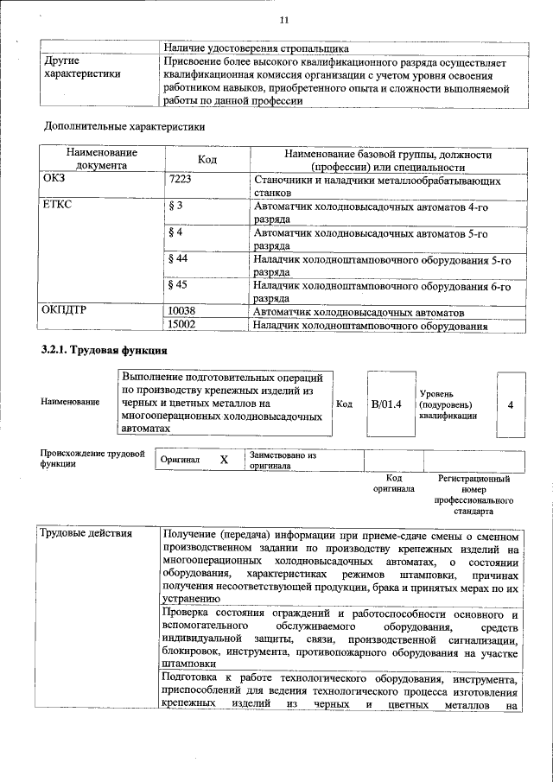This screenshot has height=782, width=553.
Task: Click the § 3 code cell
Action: point(175,207)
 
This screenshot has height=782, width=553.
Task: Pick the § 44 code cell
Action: point(178,259)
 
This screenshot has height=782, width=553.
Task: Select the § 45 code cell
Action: point(178,285)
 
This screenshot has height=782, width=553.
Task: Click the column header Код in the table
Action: point(207,160)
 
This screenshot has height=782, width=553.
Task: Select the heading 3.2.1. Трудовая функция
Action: point(104,351)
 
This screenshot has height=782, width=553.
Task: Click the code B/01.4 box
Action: point(386,404)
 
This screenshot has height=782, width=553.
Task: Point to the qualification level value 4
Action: point(511,404)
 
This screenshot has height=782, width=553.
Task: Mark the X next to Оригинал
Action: point(223,460)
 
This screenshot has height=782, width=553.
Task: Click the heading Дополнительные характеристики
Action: point(124,127)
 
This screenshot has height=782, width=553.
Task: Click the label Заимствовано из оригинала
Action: point(283,460)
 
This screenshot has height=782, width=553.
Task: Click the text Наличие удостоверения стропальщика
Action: point(263,48)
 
